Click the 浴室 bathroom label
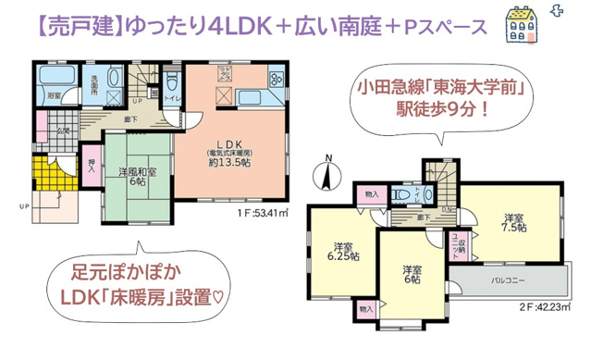pos(54,95)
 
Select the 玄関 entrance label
pos(63,130)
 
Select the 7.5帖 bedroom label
pos(514,222)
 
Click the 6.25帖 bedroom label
pos(342,251)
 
